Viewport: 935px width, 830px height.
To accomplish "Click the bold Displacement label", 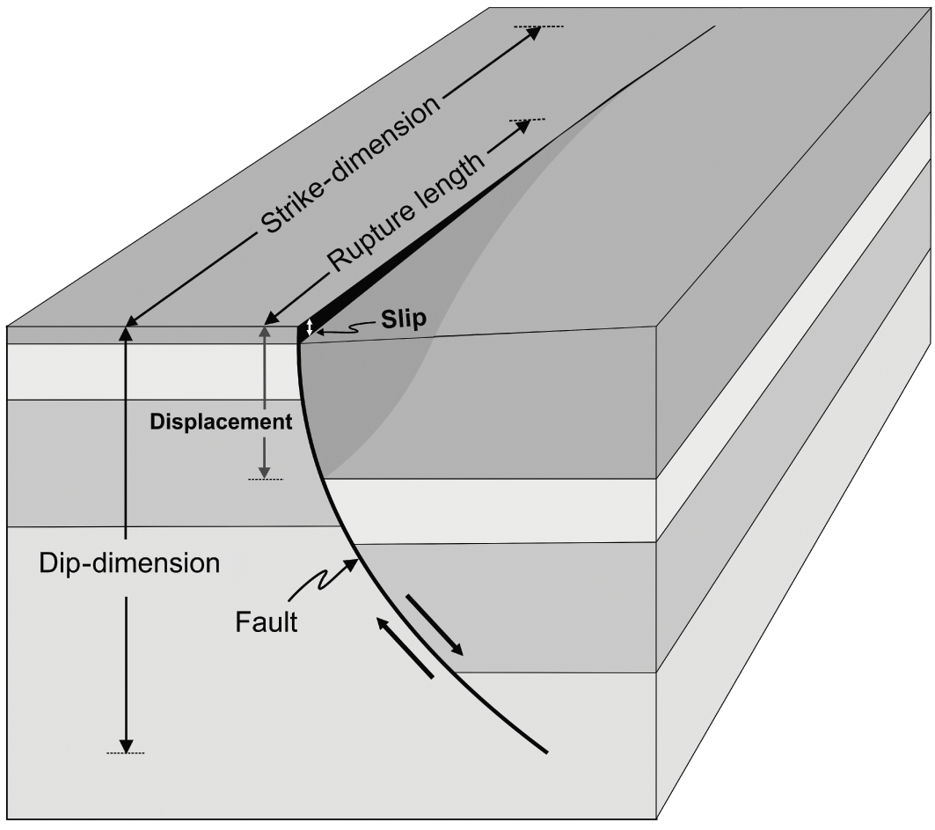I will (221, 422).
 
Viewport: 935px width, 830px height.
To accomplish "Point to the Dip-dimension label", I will (129, 563).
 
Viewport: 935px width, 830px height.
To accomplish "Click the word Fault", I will (267, 622).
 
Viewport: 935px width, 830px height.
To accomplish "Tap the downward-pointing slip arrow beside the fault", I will (435, 627).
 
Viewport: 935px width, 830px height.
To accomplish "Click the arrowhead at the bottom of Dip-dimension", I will (127, 745).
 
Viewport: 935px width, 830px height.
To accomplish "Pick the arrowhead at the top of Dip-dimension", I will (127, 333).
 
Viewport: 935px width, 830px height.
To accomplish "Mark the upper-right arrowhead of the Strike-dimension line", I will (532, 33).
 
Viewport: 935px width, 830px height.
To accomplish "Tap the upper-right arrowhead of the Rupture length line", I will (523, 126).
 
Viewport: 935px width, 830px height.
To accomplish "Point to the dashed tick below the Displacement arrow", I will (265, 479).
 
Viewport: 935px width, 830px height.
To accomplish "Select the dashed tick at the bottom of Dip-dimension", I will (126, 753).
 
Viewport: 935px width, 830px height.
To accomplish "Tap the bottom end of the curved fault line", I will (547, 753).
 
